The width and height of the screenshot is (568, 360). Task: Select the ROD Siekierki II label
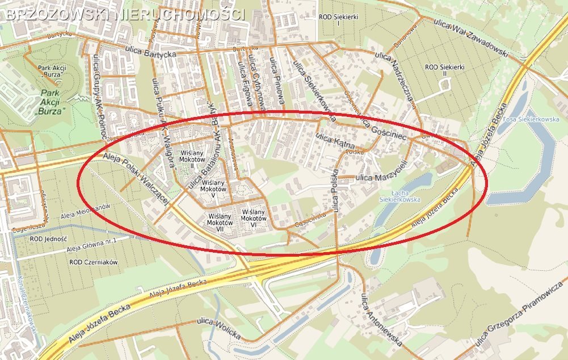point(444,71)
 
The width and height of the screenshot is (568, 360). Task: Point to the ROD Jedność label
point(48,240)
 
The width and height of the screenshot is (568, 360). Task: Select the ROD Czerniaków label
point(93,262)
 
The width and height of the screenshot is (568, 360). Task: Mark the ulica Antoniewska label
point(382,320)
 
